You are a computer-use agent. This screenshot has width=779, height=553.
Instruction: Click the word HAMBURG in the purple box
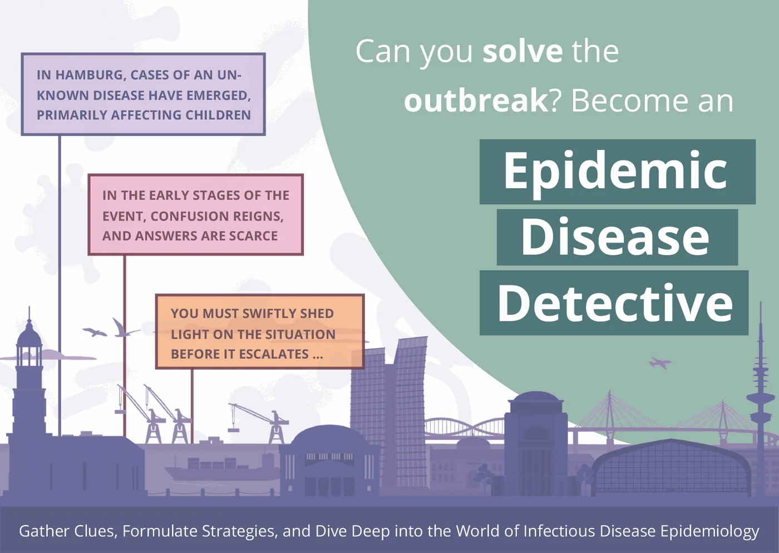[x=89, y=76]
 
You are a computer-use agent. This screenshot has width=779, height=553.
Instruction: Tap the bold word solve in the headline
[x=522, y=51]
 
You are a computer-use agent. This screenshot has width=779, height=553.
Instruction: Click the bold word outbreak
[x=476, y=101]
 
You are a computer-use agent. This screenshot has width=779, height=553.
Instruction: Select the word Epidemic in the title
[x=615, y=171]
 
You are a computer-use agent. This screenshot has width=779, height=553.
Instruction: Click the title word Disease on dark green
[x=615, y=237]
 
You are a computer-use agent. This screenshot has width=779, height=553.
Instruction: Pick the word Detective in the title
[x=615, y=302]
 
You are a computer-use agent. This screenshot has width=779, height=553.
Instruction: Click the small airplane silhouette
[x=660, y=363]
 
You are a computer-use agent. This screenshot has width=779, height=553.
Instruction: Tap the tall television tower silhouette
[x=760, y=400]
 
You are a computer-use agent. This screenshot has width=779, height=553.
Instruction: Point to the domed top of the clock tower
[x=29, y=336]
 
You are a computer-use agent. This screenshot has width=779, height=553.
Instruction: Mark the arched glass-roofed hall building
[x=671, y=468]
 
